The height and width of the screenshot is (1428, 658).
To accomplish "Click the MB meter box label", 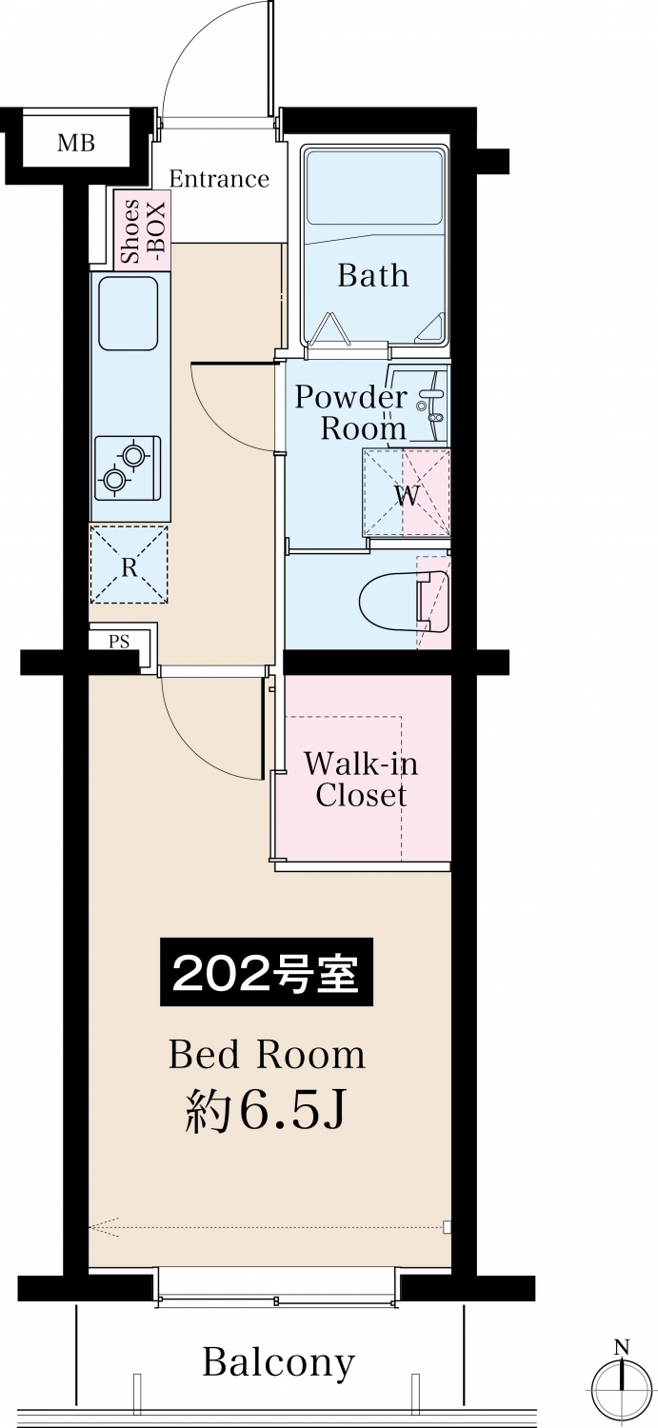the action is (76, 143).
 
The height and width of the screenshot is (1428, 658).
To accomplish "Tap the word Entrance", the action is (219, 179).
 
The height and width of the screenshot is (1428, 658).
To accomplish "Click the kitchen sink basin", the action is (129, 313).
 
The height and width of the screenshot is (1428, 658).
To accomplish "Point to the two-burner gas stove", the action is (128, 468).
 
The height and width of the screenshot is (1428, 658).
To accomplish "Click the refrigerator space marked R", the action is (130, 565).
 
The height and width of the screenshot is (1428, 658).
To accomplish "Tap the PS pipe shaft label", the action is (119, 641).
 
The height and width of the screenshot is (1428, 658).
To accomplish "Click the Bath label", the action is (373, 275).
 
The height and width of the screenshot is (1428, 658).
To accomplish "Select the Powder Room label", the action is (351, 413).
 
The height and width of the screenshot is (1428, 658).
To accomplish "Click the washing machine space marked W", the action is (407, 493).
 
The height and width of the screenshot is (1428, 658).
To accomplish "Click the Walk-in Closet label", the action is (361, 780).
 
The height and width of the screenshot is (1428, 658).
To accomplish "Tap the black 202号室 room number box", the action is (267, 972).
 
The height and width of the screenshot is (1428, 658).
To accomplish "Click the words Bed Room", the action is (268, 1055).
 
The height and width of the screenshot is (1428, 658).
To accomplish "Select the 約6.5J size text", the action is (266, 1111).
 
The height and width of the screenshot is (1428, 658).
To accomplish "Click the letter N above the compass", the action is (621, 1347).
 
